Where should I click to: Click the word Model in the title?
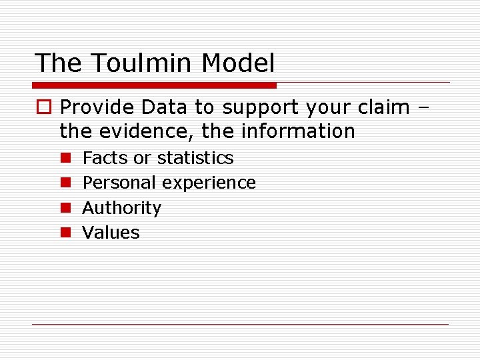coord(238,63)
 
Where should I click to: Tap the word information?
coord(298,131)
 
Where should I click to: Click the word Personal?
coord(119,183)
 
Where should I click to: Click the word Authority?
coord(121,208)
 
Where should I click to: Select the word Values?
coord(111,233)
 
